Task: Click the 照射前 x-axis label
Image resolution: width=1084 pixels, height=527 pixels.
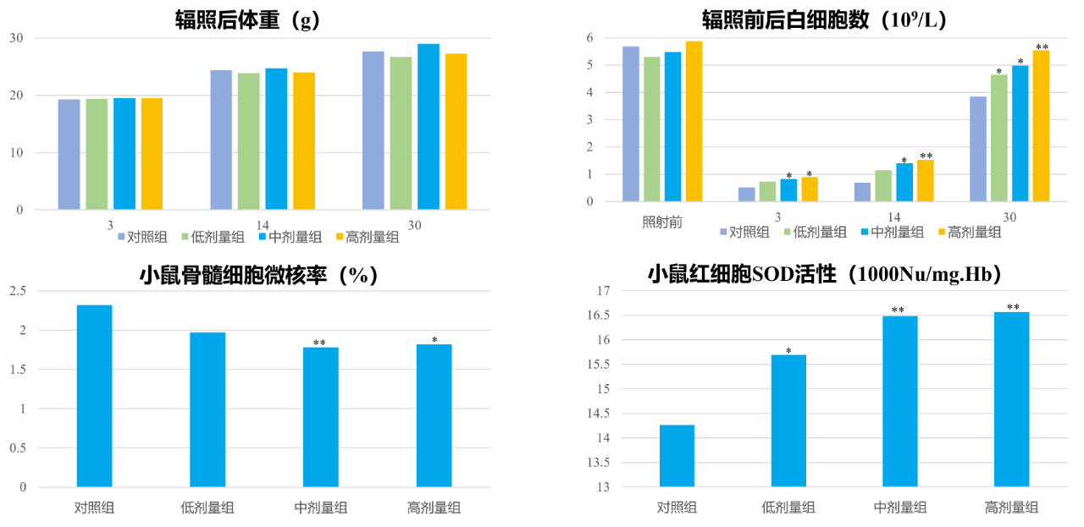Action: (662, 222)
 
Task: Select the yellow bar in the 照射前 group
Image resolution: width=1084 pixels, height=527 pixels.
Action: (694, 121)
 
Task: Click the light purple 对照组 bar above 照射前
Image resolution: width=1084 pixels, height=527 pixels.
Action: (631, 124)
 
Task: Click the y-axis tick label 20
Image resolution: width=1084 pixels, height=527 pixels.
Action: (16, 96)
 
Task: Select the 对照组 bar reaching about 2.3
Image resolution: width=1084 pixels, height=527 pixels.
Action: (94, 396)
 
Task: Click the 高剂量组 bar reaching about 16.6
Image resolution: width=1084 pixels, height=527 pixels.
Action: (1011, 399)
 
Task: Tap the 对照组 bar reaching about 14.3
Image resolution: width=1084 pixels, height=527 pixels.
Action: (677, 455)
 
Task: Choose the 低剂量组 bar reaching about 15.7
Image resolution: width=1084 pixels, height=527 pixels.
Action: (788, 420)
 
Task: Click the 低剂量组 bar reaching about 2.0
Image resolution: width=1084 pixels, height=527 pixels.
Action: (207, 409)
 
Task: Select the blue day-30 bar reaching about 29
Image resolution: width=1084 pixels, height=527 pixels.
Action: (429, 126)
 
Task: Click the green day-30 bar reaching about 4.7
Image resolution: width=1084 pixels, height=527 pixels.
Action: (999, 138)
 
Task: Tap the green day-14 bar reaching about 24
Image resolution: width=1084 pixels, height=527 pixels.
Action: (248, 141)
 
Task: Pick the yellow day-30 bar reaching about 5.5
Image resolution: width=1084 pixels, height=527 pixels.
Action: (1041, 125)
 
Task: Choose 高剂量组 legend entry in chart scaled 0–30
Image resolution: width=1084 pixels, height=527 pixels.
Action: (368, 238)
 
